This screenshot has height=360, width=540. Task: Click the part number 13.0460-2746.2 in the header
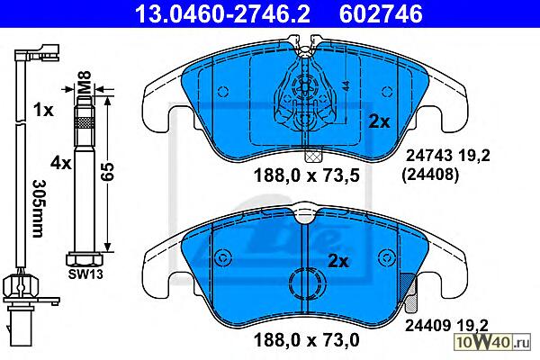pyautogui.click(x=223, y=14)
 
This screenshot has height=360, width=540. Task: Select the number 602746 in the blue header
pyautogui.click(x=381, y=14)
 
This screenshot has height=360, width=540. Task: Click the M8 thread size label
pyautogui.click(x=84, y=82)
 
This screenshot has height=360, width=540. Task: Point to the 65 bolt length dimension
pyautogui.click(x=107, y=172)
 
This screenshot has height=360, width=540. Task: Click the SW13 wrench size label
pyautogui.click(x=85, y=274)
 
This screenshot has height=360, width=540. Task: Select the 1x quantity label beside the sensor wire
pyautogui.click(x=43, y=110)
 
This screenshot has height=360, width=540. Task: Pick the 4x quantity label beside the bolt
pyautogui.click(x=60, y=163)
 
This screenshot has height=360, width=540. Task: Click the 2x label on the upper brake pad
pyautogui.click(x=379, y=121)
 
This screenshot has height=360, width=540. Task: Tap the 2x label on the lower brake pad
pyautogui.click(x=337, y=262)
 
